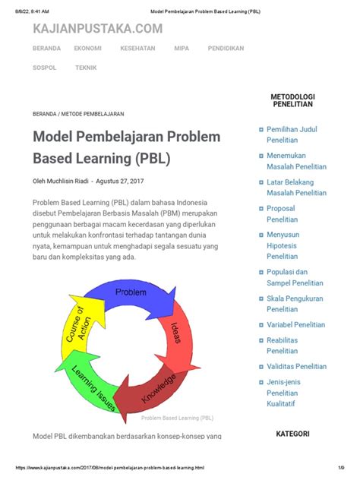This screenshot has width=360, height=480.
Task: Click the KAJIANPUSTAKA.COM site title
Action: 97,29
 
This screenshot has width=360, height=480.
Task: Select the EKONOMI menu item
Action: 88,48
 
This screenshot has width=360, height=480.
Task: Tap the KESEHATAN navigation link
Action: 137,48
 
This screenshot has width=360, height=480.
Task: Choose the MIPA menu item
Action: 182,48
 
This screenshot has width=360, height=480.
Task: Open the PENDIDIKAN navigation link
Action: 226,48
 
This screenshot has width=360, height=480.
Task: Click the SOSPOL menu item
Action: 44,68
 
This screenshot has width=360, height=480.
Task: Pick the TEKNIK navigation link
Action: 86,68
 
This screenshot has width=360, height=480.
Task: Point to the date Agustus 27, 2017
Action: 120,181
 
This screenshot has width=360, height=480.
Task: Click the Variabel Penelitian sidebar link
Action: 295,324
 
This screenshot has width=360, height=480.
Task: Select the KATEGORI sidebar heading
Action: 292,434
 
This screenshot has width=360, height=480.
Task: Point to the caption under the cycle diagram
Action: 177,418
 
